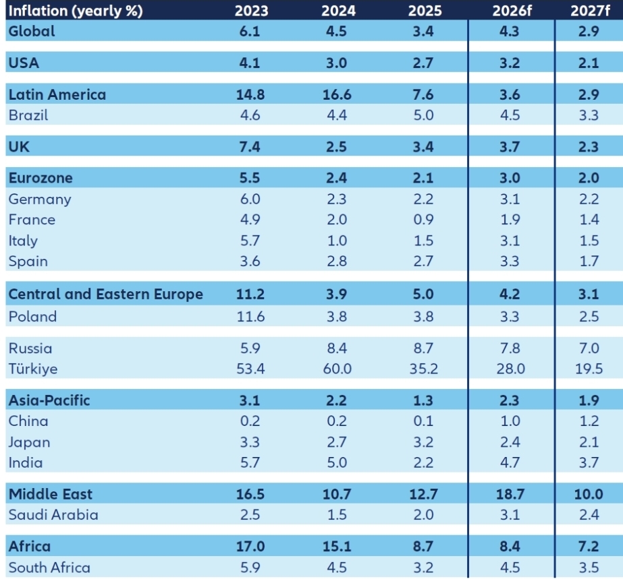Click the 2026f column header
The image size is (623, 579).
[x=510, y=10]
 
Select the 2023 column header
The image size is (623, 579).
[x=251, y=10]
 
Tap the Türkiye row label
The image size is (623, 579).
[x=33, y=369]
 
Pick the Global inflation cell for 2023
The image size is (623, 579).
[x=251, y=31]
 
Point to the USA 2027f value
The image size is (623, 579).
[x=589, y=63]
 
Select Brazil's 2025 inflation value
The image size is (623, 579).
[x=424, y=115]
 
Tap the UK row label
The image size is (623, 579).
[x=19, y=147]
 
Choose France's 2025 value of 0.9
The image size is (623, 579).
[x=424, y=220]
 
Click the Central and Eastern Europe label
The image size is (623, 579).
[x=105, y=295]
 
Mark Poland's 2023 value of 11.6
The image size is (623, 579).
[x=251, y=316]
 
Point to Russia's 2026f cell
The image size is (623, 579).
[x=510, y=348]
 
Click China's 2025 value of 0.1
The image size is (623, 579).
[x=424, y=421]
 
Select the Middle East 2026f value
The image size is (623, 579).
[x=510, y=494]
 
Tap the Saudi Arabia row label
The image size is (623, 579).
[x=53, y=515]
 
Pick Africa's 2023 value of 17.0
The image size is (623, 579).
[x=251, y=546]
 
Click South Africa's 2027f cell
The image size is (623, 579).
[x=589, y=568]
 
